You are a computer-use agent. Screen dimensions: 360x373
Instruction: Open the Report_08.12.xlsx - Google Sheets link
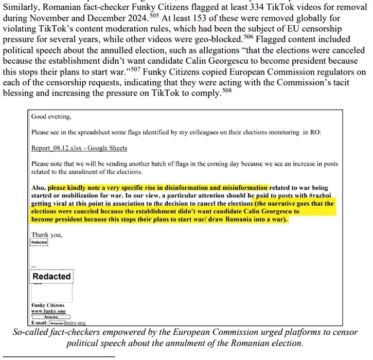click(x=79, y=148)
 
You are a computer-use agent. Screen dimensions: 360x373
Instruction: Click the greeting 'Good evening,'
click(x=51, y=116)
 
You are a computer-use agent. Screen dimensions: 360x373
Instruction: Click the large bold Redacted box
click(x=51, y=276)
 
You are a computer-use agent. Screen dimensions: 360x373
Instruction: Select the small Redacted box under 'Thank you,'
click(x=40, y=243)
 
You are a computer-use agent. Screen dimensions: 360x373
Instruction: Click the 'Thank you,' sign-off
click(x=47, y=235)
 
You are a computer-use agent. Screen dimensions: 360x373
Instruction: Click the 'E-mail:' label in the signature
click(x=40, y=322)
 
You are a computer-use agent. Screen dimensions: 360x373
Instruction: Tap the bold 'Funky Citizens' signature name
click(x=48, y=305)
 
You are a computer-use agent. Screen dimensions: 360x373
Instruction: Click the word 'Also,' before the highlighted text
click(x=39, y=188)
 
